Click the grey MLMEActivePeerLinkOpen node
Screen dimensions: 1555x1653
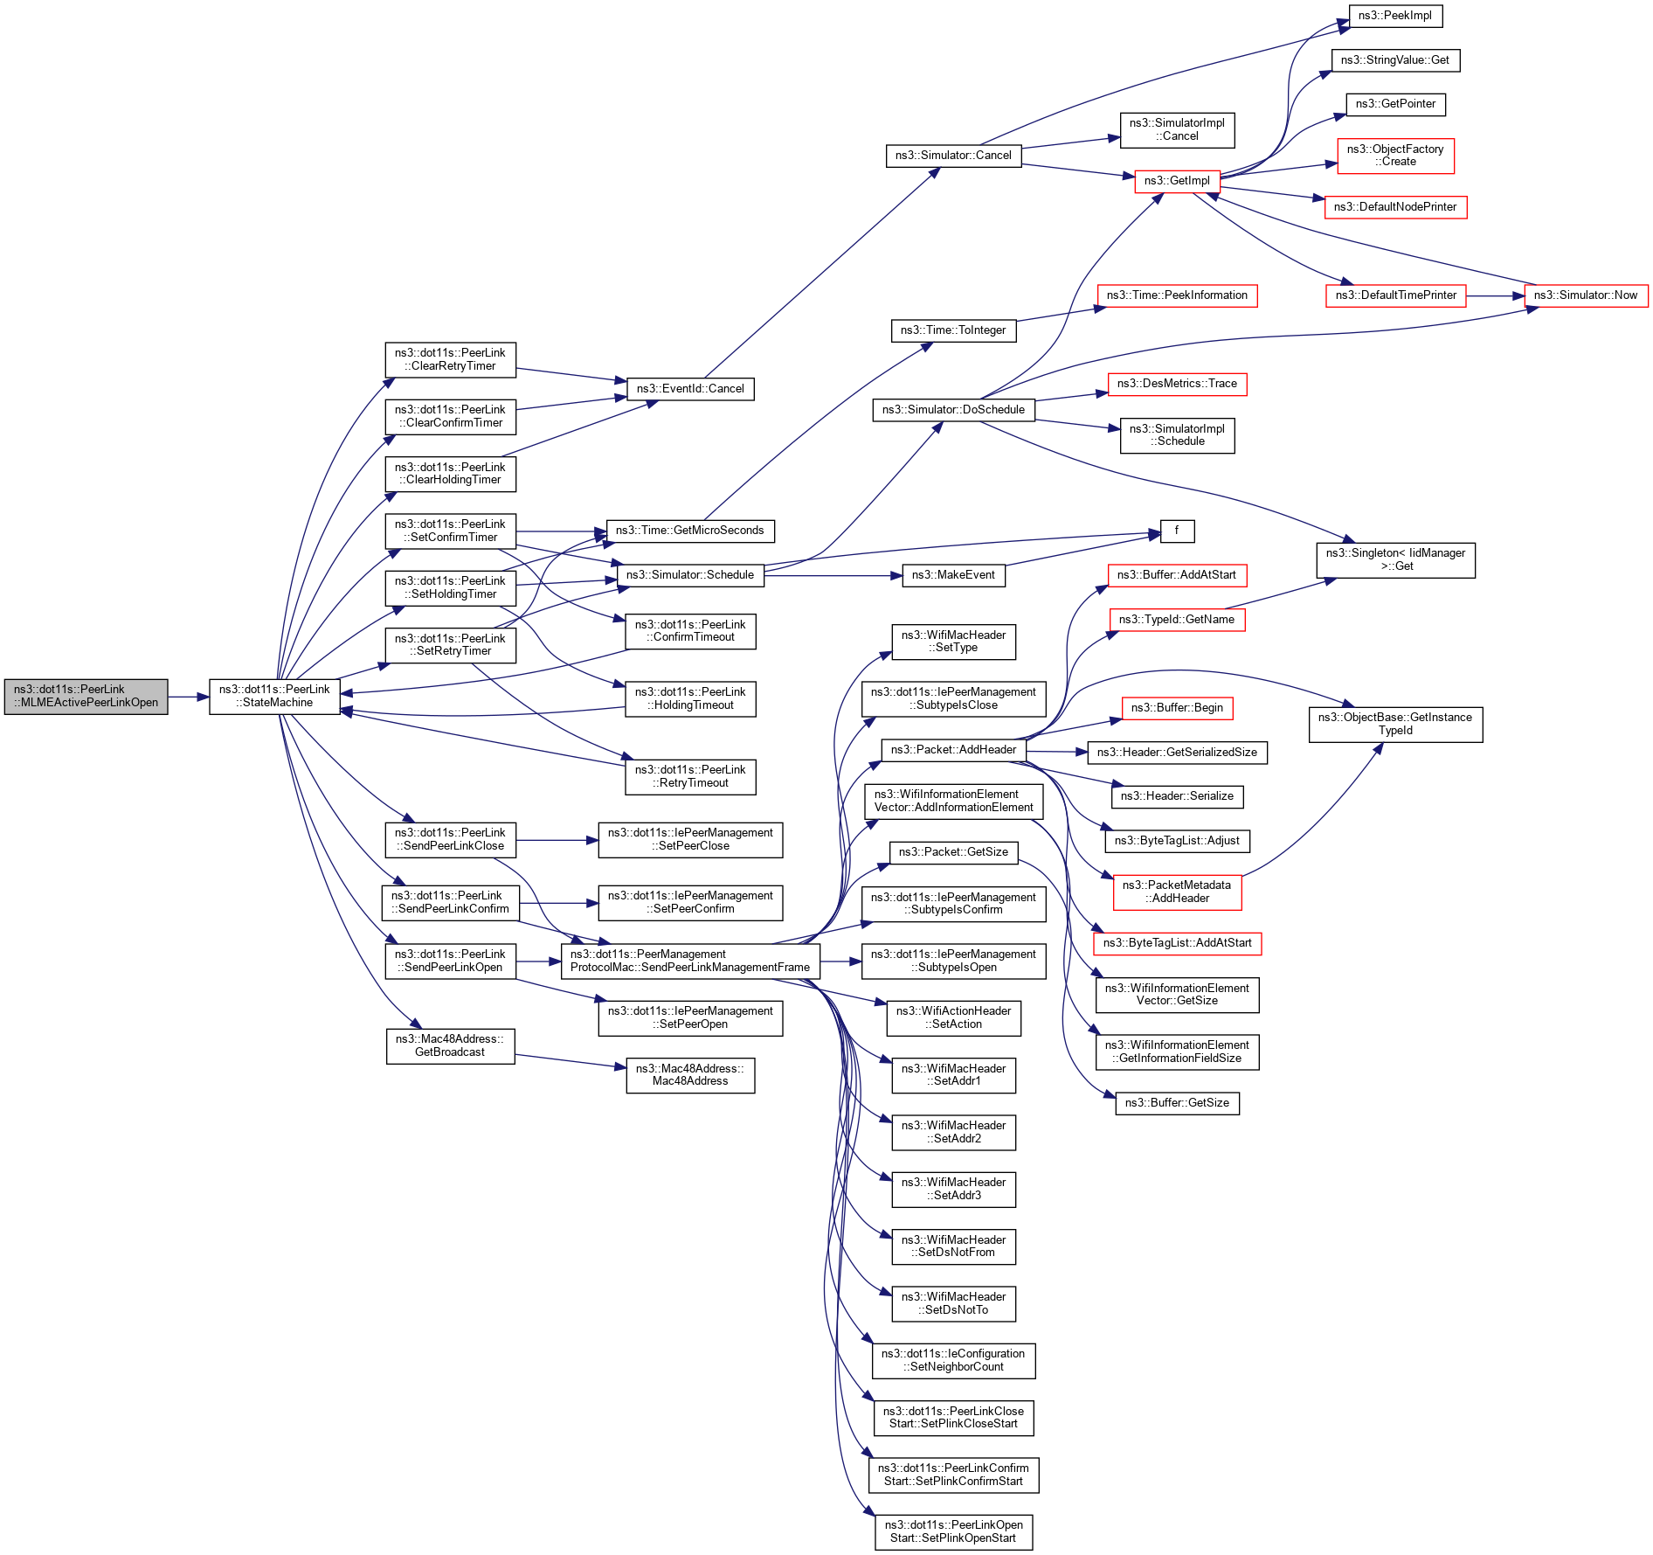point(86,697)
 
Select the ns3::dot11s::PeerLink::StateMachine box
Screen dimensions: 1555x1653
point(274,697)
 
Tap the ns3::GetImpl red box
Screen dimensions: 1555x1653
point(1177,181)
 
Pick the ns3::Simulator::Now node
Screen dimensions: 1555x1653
point(1586,295)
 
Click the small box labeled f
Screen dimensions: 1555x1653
point(1177,531)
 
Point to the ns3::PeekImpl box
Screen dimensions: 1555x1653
point(1394,16)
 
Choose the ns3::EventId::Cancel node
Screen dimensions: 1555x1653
point(690,389)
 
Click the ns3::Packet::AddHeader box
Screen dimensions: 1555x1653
point(953,750)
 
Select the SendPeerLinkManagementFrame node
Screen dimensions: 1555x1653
point(690,961)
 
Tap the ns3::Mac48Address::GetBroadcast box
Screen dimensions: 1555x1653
point(450,1046)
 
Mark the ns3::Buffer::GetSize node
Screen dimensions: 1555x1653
point(1177,1103)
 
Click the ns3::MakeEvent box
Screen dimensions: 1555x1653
point(953,575)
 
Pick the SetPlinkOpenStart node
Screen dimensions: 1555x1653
point(953,1532)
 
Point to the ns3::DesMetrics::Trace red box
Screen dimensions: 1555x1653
point(1177,384)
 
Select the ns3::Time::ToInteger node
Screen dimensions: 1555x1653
point(953,330)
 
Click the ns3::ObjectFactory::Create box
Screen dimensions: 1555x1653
point(1395,156)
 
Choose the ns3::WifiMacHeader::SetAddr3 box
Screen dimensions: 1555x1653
point(953,1189)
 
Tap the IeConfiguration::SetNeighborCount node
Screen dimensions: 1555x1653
point(953,1360)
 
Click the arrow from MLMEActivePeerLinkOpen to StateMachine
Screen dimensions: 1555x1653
point(189,697)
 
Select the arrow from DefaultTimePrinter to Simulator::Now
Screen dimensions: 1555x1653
point(1495,295)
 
